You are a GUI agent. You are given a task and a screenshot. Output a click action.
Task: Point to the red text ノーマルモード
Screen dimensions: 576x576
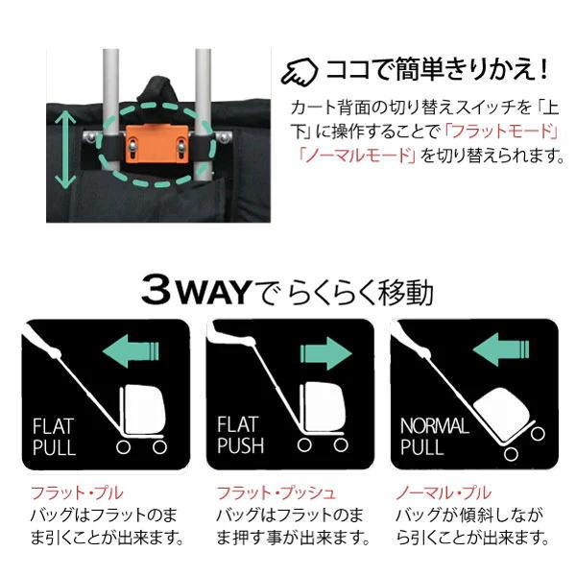[x=354, y=154]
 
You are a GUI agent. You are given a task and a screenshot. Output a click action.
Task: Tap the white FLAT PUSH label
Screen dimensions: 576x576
[x=240, y=435]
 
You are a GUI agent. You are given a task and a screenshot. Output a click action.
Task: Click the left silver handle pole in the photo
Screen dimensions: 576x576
[x=111, y=106]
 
